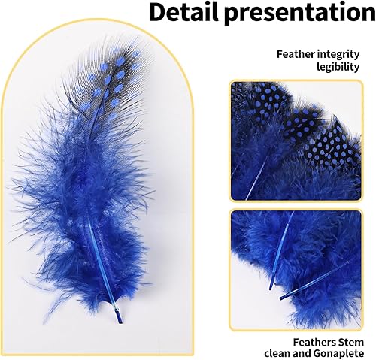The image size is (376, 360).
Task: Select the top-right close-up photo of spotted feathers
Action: coord(302,141)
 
